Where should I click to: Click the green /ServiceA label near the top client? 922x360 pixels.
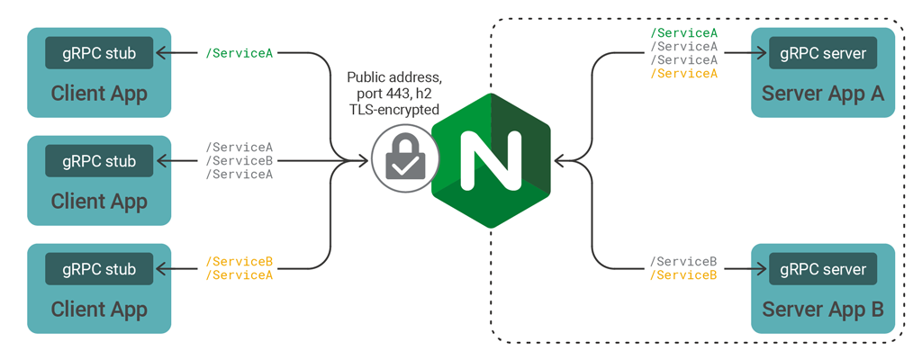click(240, 53)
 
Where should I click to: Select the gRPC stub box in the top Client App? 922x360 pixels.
click(99, 53)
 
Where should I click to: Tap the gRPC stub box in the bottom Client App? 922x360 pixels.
click(99, 269)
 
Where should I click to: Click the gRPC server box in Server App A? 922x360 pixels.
click(823, 53)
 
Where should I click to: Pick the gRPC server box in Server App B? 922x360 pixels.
click(823, 269)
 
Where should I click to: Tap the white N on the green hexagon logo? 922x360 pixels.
click(491, 161)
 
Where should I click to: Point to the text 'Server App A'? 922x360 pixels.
click(823, 94)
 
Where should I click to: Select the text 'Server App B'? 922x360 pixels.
click(823, 310)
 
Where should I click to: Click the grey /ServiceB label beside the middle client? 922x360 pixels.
click(240, 161)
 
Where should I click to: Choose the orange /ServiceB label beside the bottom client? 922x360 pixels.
click(240, 262)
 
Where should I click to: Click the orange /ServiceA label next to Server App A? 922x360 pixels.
click(684, 73)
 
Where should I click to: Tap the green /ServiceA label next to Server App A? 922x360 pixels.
click(684, 33)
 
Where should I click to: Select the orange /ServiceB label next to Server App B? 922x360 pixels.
click(684, 275)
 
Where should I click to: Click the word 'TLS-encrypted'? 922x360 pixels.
click(393, 109)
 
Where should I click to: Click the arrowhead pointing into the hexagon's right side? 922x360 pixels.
click(560, 161)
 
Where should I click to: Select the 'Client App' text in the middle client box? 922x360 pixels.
click(99, 202)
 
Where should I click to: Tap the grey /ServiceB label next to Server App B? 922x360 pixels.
click(684, 262)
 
